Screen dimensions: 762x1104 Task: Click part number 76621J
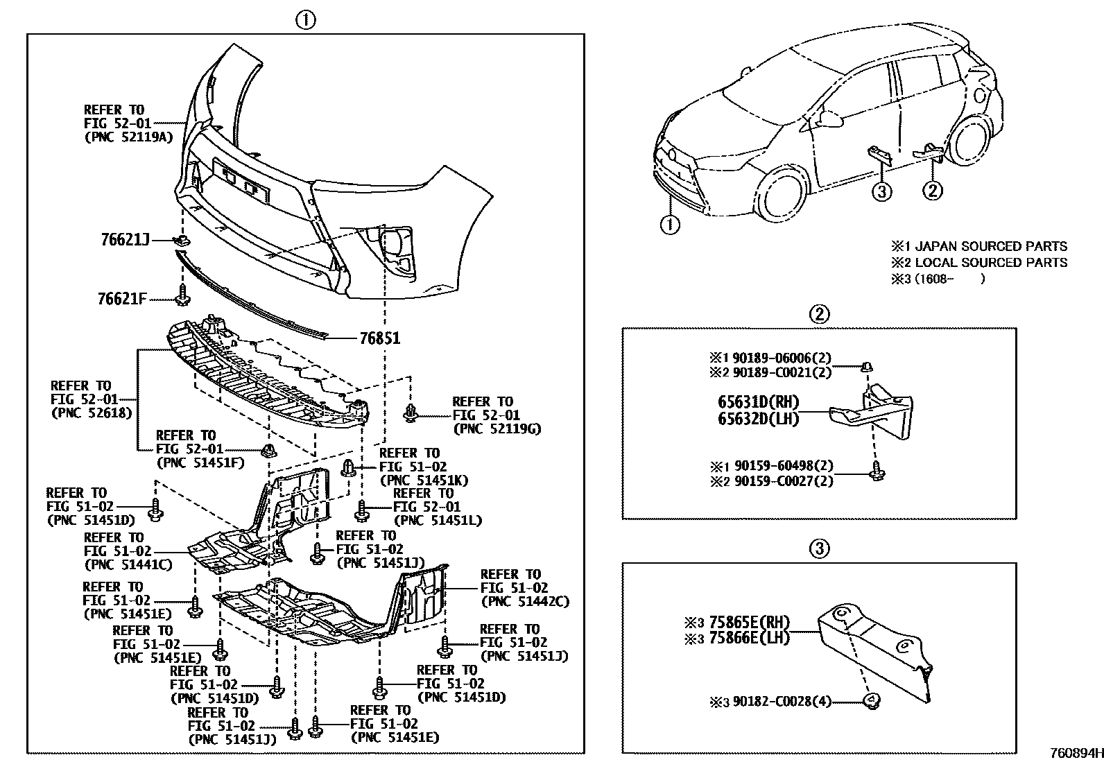(125, 240)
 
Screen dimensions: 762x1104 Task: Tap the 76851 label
(379, 339)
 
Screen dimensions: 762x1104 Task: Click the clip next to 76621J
(182, 241)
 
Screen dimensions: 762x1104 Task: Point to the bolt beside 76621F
(183, 295)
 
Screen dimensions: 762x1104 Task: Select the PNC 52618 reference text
(91, 413)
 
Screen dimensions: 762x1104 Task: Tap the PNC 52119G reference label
(497, 428)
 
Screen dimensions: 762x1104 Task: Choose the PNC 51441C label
(128, 564)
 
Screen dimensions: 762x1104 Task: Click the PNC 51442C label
(524, 601)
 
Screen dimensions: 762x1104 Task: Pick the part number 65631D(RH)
(758, 402)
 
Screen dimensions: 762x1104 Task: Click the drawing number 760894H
(1075, 752)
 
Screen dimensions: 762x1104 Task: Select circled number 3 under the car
(881, 191)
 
